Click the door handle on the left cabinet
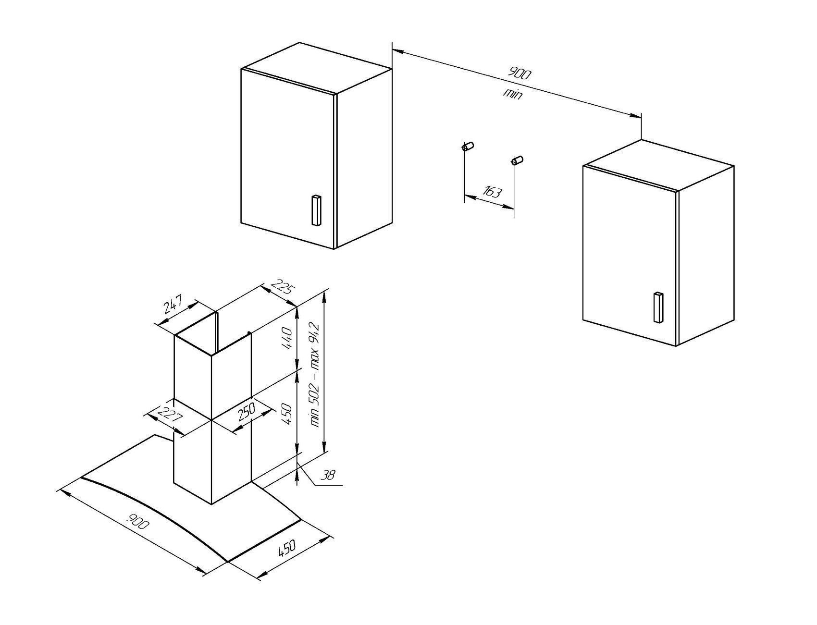316,210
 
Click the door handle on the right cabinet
658,307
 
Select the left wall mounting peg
468,146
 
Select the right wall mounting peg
518,160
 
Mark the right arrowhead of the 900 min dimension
635,115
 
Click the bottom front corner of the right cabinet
676,346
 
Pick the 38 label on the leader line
328,475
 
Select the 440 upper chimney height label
287,339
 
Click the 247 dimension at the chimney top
172,305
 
